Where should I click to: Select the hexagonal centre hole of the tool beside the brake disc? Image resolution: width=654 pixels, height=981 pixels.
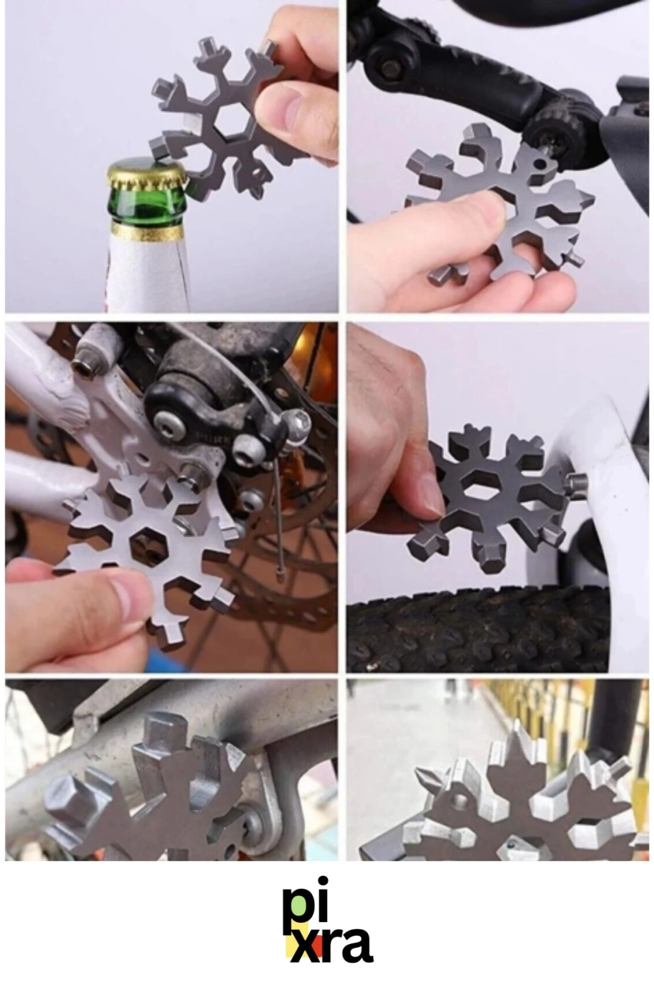point(148,544)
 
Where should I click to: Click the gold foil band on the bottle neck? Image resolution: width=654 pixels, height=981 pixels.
point(147,232)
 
